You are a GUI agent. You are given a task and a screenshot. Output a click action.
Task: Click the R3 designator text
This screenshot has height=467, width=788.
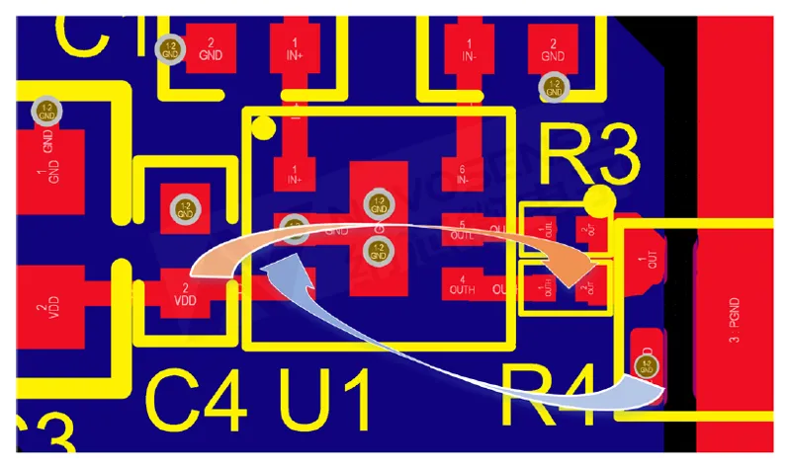tap(588, 156)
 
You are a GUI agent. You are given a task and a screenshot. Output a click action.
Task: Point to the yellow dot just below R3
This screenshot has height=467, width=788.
tap(596, 202)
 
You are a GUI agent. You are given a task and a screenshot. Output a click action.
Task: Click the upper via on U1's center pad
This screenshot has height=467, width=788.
tap(377, 204)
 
